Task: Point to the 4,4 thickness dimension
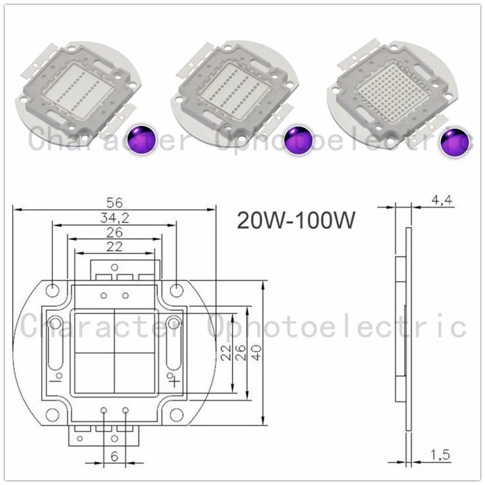[x=439, y=200]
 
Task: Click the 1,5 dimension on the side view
[x=439, y=454]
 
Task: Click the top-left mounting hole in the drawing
[x=52, y=290]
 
